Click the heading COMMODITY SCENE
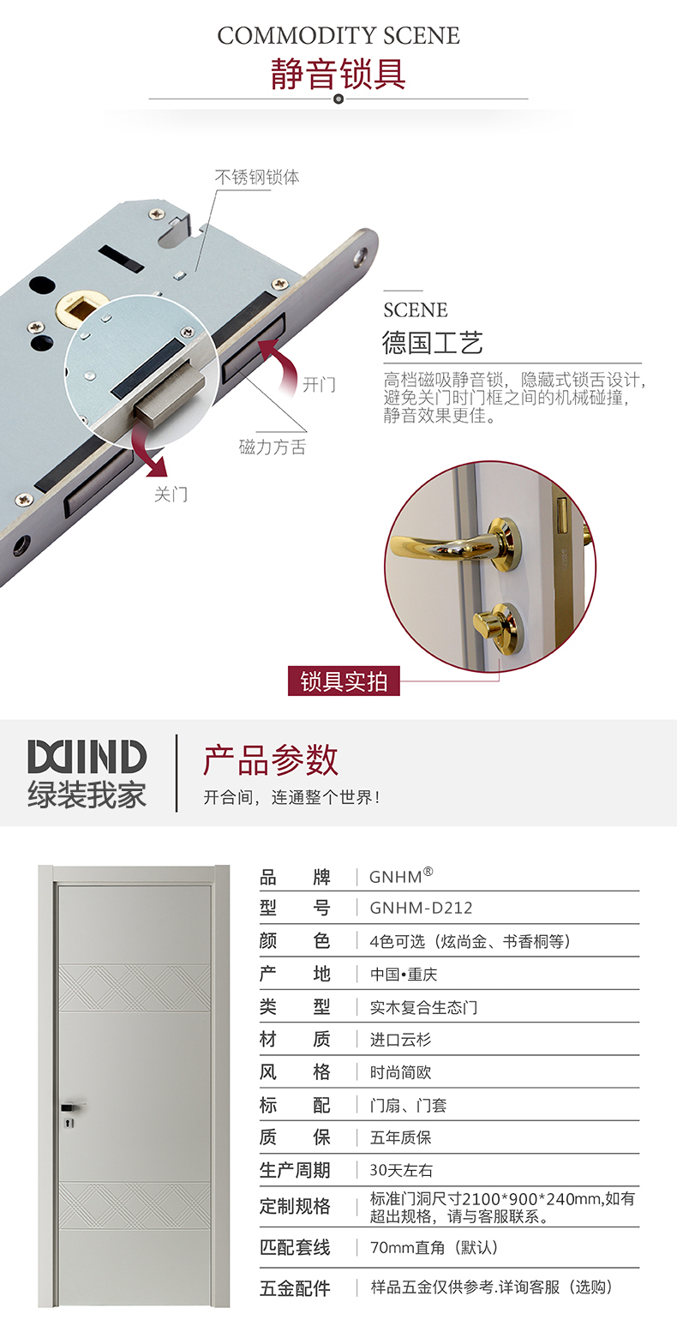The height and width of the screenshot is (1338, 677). point(338,36)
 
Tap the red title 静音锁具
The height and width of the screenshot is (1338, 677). point(338,74)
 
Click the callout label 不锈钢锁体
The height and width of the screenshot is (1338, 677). point(257,177)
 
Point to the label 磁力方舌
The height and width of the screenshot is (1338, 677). point(273,447)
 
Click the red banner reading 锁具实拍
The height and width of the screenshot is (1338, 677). point(344,681)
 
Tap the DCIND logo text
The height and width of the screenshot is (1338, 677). point(87,757)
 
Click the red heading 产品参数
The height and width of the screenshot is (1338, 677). point(271,760)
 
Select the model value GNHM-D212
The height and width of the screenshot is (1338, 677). point(421,908)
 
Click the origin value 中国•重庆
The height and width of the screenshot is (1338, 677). point(404,975)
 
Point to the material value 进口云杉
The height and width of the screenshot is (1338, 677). point(400,1040)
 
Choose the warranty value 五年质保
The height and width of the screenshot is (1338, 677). point(400,1137)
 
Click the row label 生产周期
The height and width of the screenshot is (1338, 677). point(294,1170)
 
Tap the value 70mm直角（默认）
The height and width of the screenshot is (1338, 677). point(434,1248)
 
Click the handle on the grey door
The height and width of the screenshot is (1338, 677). point(72,1107)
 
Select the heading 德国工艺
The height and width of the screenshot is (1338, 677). point(432,343)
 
